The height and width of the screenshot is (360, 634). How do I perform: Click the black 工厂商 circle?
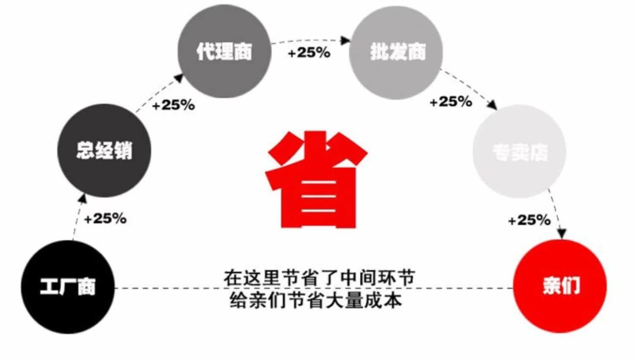[68, 287]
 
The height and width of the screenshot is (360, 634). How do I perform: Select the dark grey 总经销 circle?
[104, 150]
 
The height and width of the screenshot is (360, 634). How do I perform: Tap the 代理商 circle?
[224, 52]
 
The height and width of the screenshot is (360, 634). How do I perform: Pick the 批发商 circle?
[396, 52]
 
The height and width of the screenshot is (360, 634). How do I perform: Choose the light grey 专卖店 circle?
[519, 151]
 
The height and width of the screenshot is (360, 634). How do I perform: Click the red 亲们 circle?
[560, 286]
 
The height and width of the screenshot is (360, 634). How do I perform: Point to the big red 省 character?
[316, 180]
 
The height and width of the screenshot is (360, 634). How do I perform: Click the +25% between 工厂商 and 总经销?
[105, 219]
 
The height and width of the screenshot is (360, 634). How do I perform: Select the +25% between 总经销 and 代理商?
[173, 105]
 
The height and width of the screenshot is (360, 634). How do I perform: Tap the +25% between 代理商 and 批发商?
[309, 53]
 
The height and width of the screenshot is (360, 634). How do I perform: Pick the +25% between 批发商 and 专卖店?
[451, 102]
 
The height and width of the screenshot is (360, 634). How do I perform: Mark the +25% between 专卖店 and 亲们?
[529, 220]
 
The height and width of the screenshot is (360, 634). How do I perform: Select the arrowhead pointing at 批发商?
[346, 41]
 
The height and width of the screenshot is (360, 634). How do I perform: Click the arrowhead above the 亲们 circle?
[561, 233]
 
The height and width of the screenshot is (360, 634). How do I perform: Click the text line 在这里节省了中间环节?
[319, 278]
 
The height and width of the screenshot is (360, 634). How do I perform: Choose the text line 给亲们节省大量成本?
[315, 300]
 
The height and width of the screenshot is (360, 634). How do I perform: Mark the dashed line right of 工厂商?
[169, 288]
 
